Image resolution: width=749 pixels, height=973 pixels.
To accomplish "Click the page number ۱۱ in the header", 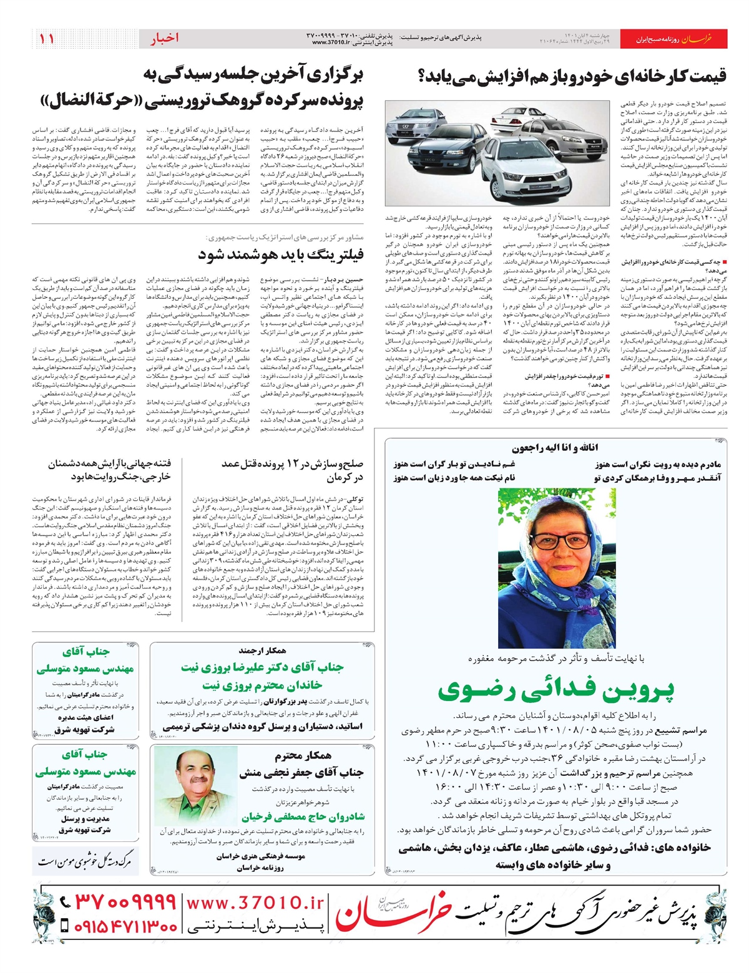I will click(x=47, y=39).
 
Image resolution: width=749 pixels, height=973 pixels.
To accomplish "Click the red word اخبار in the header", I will click(x=164, y=39).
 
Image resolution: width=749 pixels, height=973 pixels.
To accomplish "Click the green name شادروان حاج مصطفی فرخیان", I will click(x=303, y=817).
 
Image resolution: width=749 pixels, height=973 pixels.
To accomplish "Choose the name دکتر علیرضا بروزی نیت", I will click(x=262, y=667).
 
